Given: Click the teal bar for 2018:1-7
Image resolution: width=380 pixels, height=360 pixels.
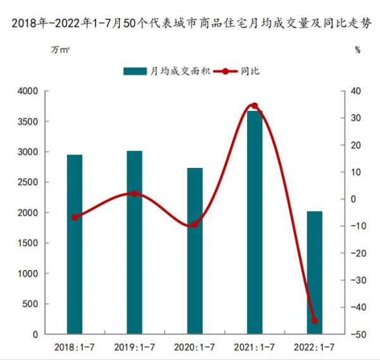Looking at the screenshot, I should point(75,244).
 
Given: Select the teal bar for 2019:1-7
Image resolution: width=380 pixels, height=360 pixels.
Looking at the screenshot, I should point(134,242).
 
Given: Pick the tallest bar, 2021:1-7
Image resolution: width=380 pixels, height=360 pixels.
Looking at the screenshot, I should point(254,222).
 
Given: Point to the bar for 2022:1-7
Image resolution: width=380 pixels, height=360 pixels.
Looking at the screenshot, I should point(314,273).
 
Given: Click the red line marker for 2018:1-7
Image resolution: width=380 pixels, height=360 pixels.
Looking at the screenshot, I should point(75,217).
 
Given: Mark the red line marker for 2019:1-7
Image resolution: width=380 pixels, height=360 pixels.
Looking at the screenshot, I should point(134,193).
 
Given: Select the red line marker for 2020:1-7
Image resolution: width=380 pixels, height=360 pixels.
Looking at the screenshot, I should point(194,224).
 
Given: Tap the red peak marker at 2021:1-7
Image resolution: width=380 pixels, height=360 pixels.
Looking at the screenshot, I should point(255,106).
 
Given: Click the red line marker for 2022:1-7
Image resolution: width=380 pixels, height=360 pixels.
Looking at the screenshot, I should point(314,321).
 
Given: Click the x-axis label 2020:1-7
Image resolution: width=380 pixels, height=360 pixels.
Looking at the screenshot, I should point(194,347).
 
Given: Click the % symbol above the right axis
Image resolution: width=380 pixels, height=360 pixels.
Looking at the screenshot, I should point(357,50).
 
